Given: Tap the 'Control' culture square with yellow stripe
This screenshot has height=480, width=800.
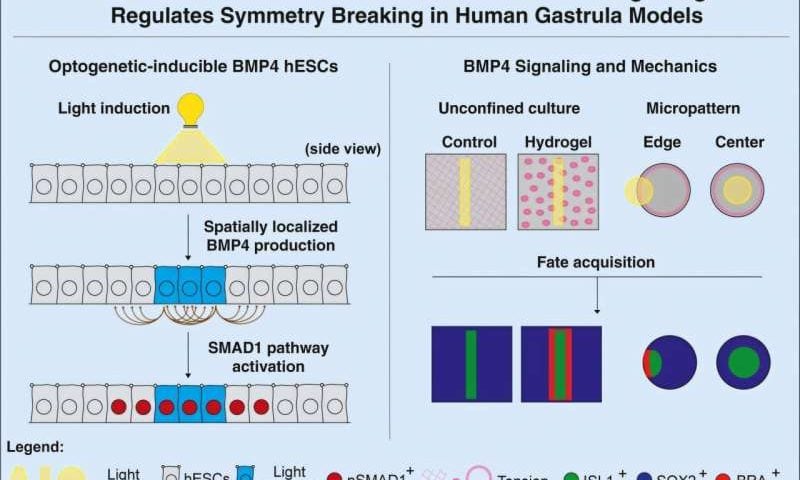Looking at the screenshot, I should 466,191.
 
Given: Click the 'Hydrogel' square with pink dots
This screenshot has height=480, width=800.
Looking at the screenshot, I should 558,191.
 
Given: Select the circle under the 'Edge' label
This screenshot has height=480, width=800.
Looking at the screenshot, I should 656,190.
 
